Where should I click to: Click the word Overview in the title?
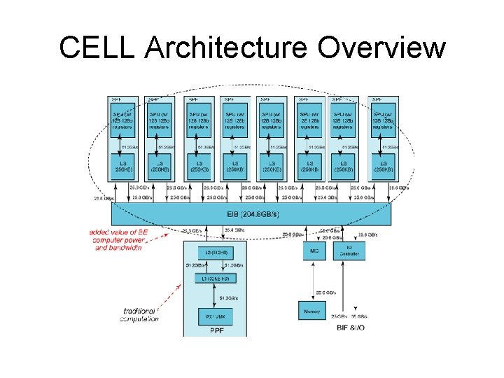381,48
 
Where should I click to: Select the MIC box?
313,250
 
